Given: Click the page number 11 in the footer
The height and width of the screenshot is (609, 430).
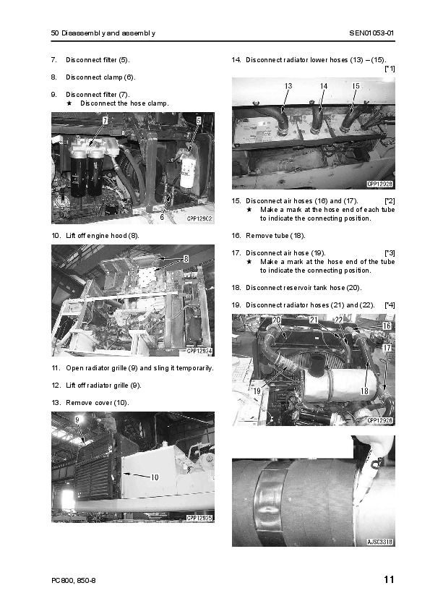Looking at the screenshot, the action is (x=389, y=579).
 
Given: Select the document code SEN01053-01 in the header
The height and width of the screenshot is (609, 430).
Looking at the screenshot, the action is (x=371, y=33).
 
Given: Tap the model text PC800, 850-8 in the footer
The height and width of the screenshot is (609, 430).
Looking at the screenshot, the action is (x=73, y=580).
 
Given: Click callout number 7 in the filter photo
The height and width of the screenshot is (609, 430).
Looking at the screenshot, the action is (x=105, y=121).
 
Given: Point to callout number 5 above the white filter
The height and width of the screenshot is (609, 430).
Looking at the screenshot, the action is (x=199, y=121).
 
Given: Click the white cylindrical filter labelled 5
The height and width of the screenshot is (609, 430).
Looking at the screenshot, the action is (x=189, y=169).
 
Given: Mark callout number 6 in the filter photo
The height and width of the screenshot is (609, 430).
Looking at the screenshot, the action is (x=162, y=217).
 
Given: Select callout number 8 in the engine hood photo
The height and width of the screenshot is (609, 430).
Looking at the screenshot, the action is (x=186, y=259).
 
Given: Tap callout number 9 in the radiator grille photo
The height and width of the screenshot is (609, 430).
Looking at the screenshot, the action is (x=77, y=420).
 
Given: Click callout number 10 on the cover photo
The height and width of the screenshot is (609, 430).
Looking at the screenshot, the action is (x=155, y=477).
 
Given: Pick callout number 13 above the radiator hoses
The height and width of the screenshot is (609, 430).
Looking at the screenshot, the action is (x=288, y=86).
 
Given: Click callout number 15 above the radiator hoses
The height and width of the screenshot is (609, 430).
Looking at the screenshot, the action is (x=356, y=86).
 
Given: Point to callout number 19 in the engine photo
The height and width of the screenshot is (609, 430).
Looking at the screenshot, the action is (x=257, y=391).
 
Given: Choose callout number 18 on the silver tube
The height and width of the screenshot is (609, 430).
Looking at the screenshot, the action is (x=364, y=391).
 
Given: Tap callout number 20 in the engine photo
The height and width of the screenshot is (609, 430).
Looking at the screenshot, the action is (x=276, y=320).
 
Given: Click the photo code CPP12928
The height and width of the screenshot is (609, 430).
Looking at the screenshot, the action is (x=380, y=184).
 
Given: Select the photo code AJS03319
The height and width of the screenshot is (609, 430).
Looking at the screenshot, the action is (x=380, y=542).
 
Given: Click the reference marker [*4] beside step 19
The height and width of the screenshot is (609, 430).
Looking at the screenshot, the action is (x=390, y=305).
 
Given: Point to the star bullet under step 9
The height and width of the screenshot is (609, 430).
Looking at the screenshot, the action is (x=69, y=103).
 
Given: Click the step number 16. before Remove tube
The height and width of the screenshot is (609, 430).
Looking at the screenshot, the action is (x=236, y=236).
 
